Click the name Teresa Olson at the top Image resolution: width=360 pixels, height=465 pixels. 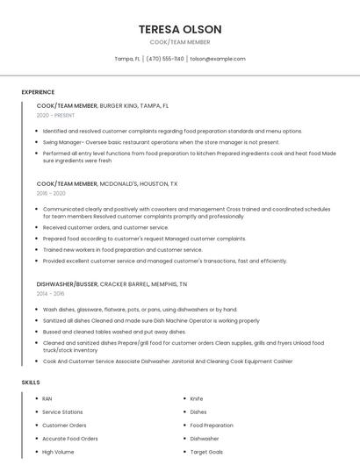(x=180, y=29)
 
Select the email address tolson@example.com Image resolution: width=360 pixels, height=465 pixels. (x=218, y=59)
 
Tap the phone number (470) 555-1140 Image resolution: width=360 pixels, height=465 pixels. (x=165, y=59)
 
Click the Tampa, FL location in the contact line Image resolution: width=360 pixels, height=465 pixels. (x=127, y=59)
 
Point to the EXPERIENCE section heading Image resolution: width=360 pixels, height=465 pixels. (x=38, y=92)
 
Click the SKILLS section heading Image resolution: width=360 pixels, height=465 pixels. (x=31, y=383)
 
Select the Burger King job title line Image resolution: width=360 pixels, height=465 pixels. (x=103, y=105)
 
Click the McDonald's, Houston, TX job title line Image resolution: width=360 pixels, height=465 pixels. (x=107, y=183)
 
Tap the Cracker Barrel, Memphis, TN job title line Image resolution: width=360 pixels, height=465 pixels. (x=112, y=284)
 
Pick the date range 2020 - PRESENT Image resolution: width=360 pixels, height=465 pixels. (x=55, y=115)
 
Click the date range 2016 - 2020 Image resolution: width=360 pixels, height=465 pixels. (x=51, y=193)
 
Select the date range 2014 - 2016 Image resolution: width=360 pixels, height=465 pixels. (x=51, y=294)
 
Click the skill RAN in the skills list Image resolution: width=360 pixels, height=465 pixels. (x=47, y=398)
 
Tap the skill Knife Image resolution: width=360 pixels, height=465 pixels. (x=197, y=398)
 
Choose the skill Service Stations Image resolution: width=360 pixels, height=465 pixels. (x=62, y=411)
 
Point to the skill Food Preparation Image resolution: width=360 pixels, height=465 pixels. (x=212, y=425)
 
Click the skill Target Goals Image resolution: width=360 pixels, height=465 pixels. (x=206, y=451)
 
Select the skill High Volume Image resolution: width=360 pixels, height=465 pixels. (x=58, y=451)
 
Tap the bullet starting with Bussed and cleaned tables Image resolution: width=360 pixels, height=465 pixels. (x=114, y=332)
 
